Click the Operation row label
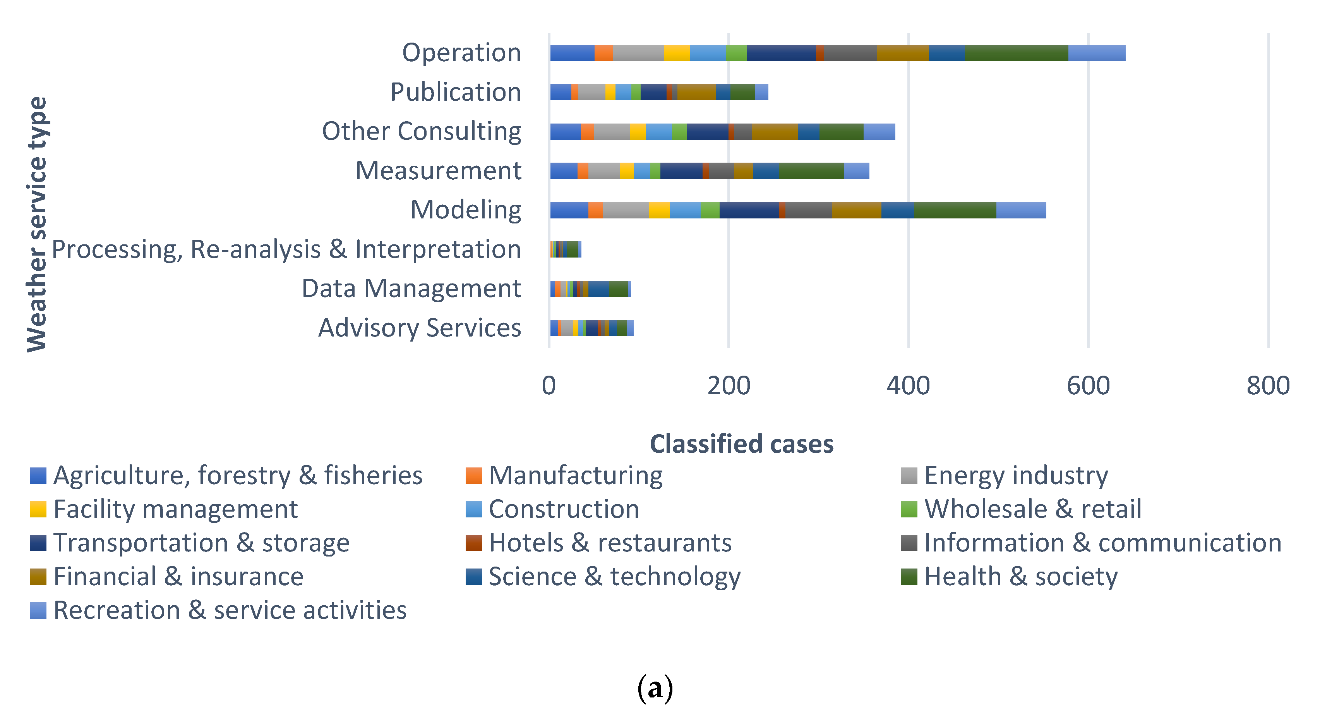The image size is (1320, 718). pyautogui.click(x=461, y=53)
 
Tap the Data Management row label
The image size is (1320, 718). pyautogui.click(x=411, y=289)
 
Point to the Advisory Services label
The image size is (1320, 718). pyautogui.click(x=419, y=328)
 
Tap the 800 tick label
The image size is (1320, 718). pyautogui.click(x=1268, y=386)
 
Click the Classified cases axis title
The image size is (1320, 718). pyautogui.click(x=741, y=444)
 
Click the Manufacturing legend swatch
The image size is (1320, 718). pyautogui.click(x=473, y=476)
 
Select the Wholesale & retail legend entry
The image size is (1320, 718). pyautogui.click(x=1032, y=509)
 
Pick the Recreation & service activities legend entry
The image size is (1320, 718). pyautogui.click(x=230, y=610)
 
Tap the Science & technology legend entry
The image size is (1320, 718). pyautogui.click(x=614, y=577)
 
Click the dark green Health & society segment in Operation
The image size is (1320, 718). pyautogui.click(x=1016, y=53)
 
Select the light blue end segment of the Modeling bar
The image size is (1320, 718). pyautogui.click(x=1021, y=211)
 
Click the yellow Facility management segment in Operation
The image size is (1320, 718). pyautogui.click(x=676, y=53)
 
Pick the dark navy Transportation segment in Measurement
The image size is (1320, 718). pyautogui.click(x=681, y=171)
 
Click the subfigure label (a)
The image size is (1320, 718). pyautogui.click(x=655, y=688)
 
